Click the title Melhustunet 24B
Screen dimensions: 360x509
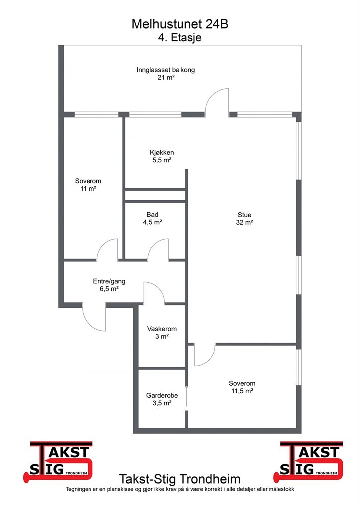pos(180,24)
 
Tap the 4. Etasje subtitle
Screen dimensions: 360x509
pos(180,38)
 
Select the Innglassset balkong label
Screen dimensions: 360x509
pos(166,74)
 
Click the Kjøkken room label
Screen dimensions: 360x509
pos(162,156)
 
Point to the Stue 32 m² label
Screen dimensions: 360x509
pos(245,219)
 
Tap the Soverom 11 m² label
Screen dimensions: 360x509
pos(89,185)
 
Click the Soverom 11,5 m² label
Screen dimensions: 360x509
pos(242,387)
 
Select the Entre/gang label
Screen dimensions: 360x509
pos(109,285)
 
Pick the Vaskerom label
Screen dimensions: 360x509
pos(162,332)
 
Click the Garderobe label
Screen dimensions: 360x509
pos(162,399)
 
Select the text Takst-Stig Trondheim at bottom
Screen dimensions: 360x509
pos(180,479)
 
